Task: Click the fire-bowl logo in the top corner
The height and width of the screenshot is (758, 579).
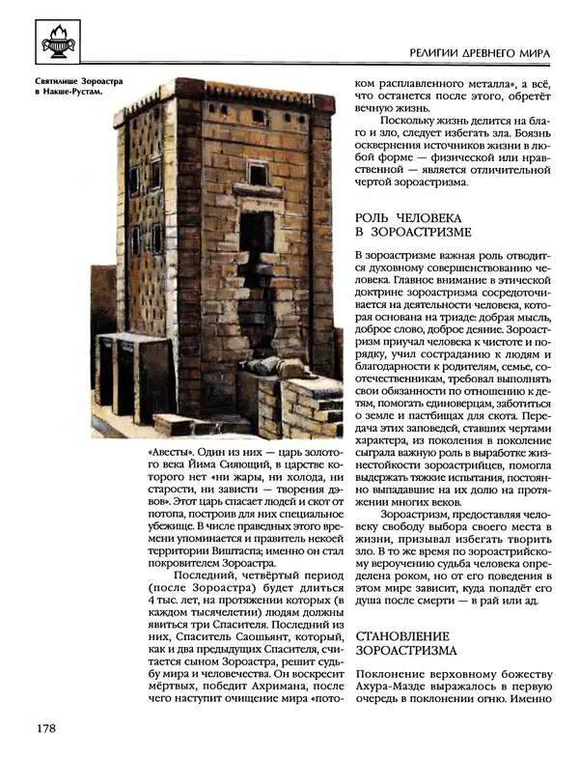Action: coord(54,41)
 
